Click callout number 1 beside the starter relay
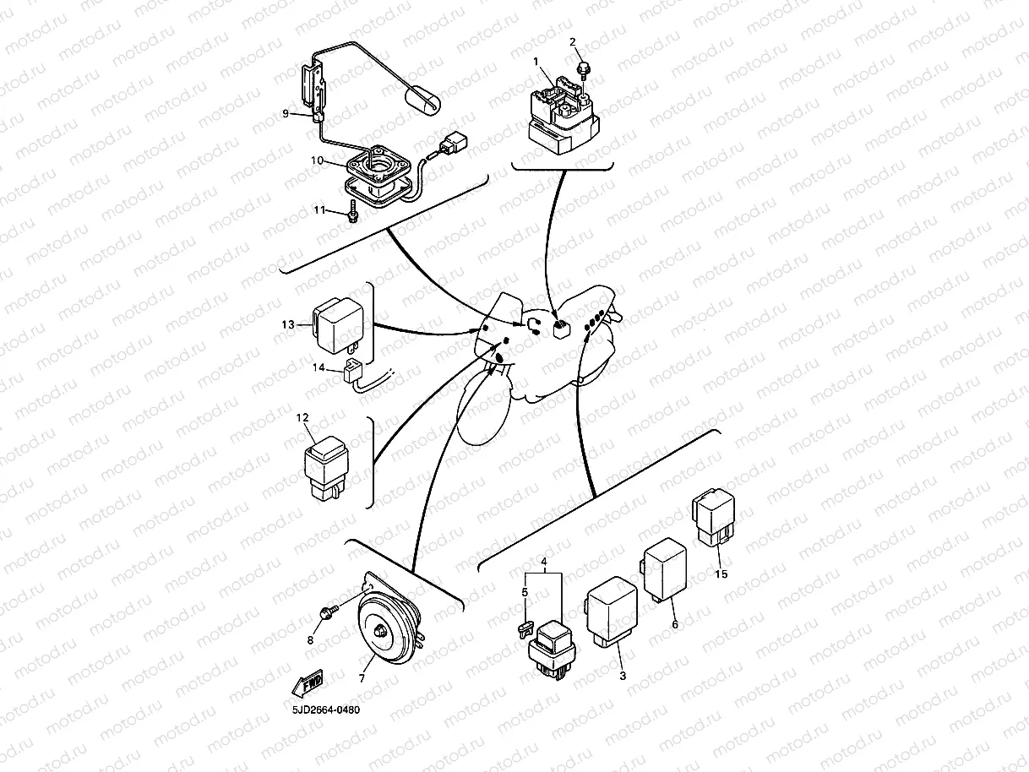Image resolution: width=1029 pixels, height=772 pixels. tap(535, 62)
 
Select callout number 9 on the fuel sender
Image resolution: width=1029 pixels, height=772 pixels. tap(286, 113)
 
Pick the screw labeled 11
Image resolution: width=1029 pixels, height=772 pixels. tap(351, 216)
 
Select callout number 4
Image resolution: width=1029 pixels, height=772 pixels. tap(544, 562)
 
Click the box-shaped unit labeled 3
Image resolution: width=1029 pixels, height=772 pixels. tap(613, 612)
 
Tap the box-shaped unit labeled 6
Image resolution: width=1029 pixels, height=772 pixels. tap(665, 566)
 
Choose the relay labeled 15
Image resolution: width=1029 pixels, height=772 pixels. tap(714, 516)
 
